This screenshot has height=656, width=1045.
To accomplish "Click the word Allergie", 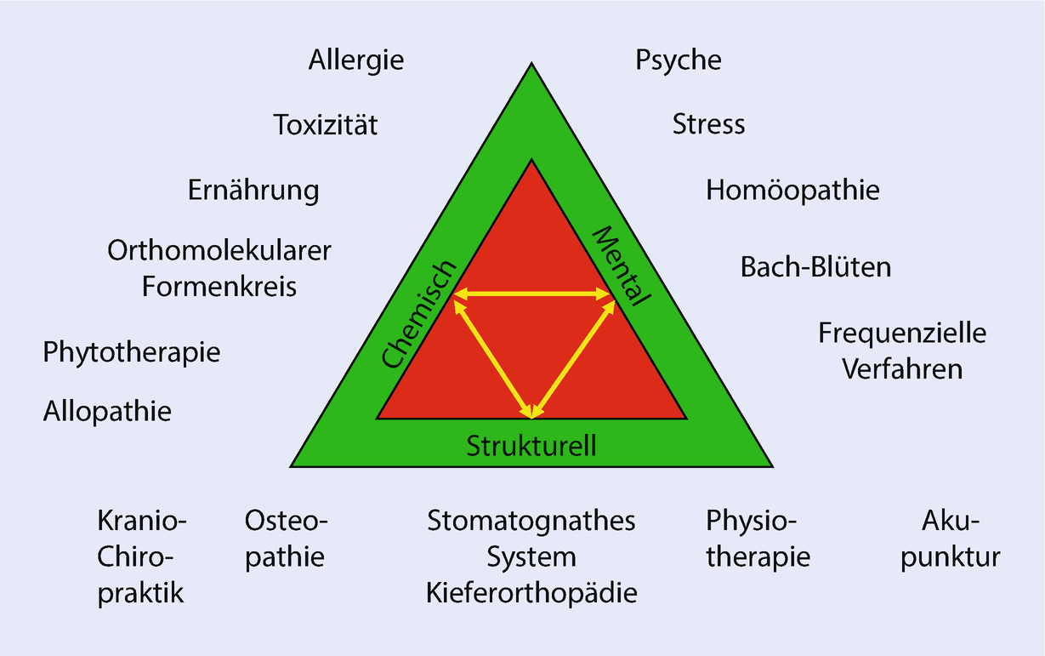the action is coord(356,61).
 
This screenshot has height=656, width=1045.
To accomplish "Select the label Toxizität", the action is coord(326,125).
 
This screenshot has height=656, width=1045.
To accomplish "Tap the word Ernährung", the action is coord(253,190).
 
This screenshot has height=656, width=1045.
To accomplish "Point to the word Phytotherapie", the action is coord(132,351).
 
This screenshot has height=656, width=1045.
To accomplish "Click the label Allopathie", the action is coord(107,412).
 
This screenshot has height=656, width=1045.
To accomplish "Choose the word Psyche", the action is coord(679,60).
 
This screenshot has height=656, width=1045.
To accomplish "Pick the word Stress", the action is coord(708,124).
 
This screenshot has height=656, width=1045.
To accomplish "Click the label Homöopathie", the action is coord(792,190).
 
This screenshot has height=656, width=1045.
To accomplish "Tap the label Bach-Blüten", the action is coord(815,267).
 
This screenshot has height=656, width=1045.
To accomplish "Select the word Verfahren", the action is coord(902,369).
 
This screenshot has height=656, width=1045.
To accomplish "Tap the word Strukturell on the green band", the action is coord(531,444).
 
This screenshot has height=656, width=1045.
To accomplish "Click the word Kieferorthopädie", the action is coord(531,593).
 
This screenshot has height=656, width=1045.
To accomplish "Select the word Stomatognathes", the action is coord(531,520).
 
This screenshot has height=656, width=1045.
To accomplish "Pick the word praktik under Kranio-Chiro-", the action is coord(141,593).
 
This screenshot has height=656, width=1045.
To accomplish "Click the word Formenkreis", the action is coord(219,287).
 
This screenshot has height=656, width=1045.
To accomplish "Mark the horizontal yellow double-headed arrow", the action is coord(531,294).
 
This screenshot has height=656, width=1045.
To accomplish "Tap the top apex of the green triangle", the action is coord(532,65).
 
